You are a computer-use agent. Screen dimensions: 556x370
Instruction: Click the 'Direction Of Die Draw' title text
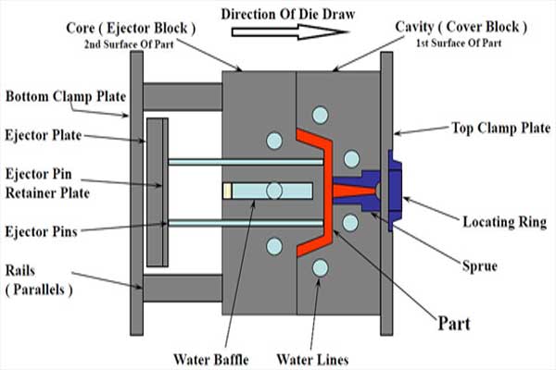pyautogui.click(x=288, y=14)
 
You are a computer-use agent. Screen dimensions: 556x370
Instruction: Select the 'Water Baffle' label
pyautogui.click(x=211, y=360)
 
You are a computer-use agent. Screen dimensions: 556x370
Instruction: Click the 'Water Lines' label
pyautogui.click(x=312, y=360)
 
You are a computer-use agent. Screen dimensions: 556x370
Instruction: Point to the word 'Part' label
pyautogui.click(x=454, y=323)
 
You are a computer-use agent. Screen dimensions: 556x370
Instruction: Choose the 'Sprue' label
pyautogui.click(x=480, y=265)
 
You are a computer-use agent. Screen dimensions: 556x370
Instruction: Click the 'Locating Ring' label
pyautogui.click(x=505, y=222)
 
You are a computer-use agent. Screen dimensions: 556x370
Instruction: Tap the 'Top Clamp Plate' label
pyautogui.click(x=500, y=128)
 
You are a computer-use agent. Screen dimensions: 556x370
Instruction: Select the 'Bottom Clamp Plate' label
pyautogui.click(x=66, y=96)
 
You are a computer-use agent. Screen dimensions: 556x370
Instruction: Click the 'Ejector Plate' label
pyautogui.click(x=44, y=135)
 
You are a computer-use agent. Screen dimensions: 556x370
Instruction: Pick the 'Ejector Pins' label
pyautogui.click(x=41, y=231)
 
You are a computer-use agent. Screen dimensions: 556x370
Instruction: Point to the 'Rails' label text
pyautogui.click(x=20, y=271)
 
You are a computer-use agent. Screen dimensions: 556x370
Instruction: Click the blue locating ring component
pyautogui.click(x=396, y=191)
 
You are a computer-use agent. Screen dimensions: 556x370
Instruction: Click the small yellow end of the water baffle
pyautogui.click(x=227, y=191)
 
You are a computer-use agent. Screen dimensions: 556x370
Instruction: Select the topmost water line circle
pyautogui.click(x=321, y=115)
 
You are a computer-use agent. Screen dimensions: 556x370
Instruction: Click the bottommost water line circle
pyautogui.click(x=321, y=268)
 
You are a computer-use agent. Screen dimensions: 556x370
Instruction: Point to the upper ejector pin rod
pyautogui.click(x=246, y=162)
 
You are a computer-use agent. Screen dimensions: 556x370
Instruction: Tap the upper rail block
pyautogui.click(x=183, y=96)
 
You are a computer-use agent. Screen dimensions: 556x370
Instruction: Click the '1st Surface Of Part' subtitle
pyautogui.click(x=459, y=43)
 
